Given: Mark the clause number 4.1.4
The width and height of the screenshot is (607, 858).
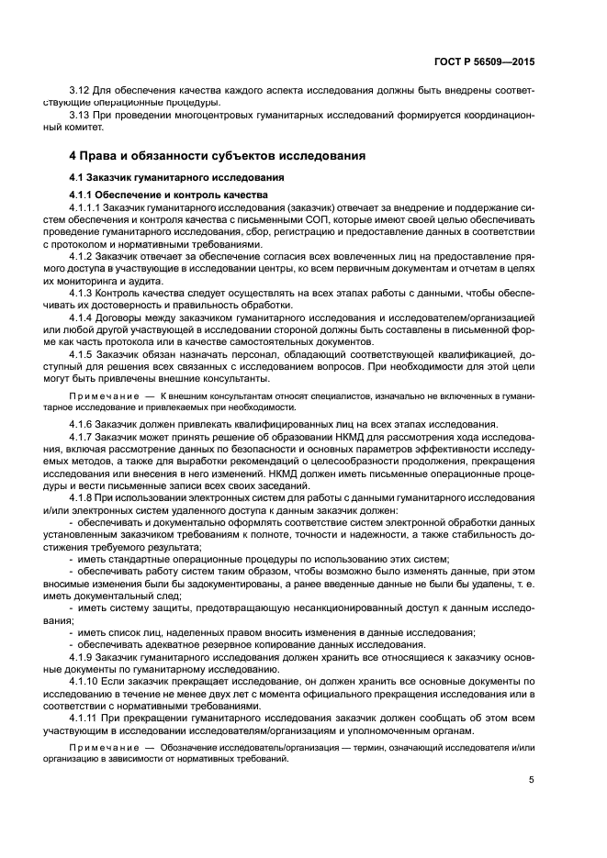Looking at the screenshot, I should [82, 317].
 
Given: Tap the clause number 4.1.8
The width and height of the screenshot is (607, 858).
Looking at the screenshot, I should [82, 496].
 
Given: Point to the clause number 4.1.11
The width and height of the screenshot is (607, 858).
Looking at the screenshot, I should [84, 719].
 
